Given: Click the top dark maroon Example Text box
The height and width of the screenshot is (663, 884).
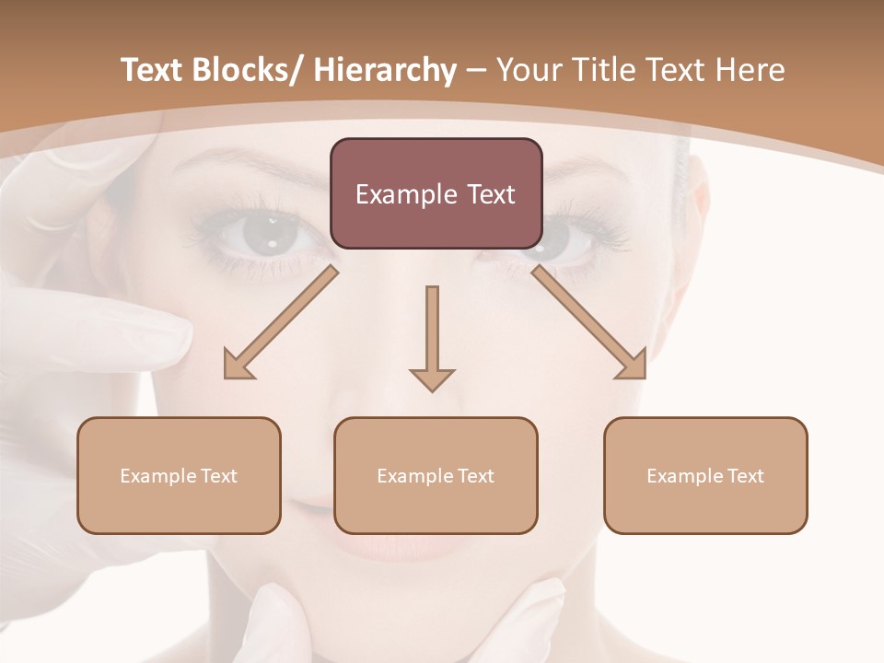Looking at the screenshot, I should click(436, 193).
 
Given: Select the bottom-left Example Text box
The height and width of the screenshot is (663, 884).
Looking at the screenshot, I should click(179, 475).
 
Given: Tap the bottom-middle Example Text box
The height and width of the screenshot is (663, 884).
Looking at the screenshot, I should click(436, 475).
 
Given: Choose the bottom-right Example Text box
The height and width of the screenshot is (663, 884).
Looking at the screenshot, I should click(705, 475).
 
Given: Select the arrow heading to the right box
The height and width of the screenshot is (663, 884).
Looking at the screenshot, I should click(590, 323).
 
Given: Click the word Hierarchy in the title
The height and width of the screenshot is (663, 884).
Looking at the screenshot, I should click(385, 71).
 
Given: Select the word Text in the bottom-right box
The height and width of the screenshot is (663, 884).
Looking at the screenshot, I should click(746, 475).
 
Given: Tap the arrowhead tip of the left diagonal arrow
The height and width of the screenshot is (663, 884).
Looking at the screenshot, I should click(227, 377).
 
